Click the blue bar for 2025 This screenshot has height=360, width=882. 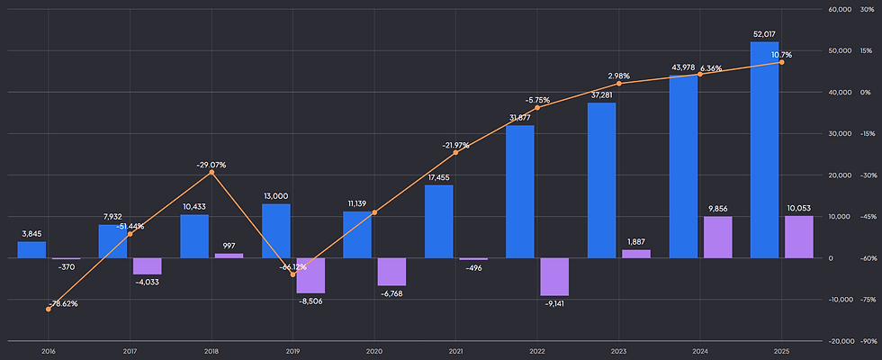coord(764,149)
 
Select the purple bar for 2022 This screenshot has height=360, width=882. coord(554,277)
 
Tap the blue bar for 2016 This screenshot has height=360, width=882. coord(31,250)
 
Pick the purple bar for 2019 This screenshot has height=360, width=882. coord(310,275)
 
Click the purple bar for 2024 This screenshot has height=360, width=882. coord(718,238)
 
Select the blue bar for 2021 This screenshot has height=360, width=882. coord(439,221)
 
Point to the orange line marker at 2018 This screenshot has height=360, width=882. coord(211,172)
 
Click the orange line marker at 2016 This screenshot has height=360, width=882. coord(49,310)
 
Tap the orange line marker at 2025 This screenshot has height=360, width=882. coord(782,62)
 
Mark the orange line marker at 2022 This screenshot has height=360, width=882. coord(537,107)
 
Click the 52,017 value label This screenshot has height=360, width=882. coord(764,34)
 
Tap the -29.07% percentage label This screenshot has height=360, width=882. coord(211,166)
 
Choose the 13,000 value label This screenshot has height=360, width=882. coord(275,196)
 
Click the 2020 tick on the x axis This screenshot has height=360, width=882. coord(374,352)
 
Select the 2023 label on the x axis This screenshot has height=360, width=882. coord(619,352)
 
